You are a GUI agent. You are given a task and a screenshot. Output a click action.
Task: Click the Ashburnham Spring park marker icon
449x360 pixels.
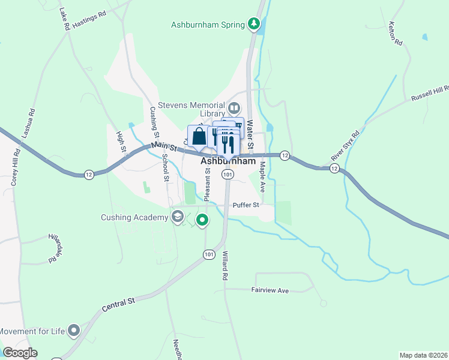[x=255, y=25]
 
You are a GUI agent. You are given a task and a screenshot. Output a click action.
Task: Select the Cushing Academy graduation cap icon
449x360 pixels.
[x=177, y=217]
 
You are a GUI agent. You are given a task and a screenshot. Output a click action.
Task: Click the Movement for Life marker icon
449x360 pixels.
[x=74, y=331]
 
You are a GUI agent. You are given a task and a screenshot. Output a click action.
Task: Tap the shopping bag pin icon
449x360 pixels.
[x=199, y=136]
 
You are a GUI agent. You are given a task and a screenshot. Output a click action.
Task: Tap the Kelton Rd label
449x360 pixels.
[x=394, y=32]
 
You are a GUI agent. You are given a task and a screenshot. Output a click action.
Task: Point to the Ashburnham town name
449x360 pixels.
[x=228, y=161]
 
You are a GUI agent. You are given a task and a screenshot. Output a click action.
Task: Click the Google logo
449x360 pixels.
[x=20, y=353]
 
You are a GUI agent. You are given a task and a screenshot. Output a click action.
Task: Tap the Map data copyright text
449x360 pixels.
[x=423, y=355]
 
